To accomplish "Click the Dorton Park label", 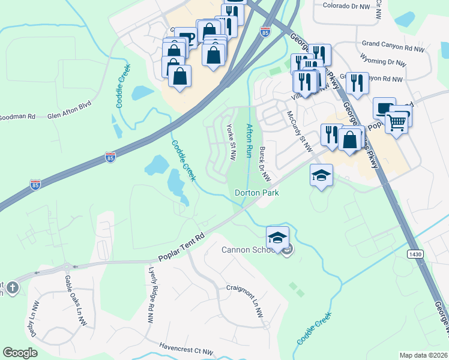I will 258,193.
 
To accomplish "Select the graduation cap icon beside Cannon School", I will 277,238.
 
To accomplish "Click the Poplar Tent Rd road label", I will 182,247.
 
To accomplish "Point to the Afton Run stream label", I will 249,140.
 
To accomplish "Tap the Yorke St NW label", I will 231,143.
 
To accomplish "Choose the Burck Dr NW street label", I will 264,164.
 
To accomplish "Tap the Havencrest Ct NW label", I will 186,349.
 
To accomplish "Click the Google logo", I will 20,353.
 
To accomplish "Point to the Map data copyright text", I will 423,355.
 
